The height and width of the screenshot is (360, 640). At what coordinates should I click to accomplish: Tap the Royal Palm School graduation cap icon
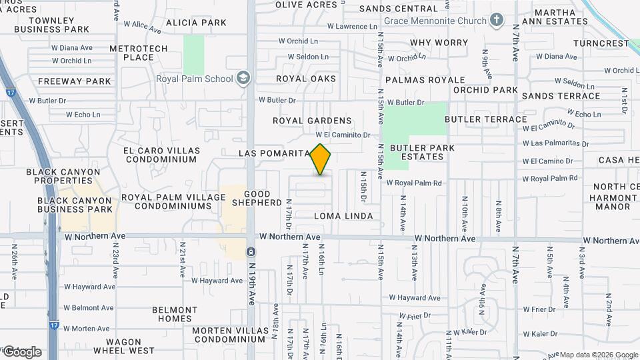coord(243,79)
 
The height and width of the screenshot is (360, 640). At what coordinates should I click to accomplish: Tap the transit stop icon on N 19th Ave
coord(251,251)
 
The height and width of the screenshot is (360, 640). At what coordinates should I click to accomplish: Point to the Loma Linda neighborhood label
coord(343,216)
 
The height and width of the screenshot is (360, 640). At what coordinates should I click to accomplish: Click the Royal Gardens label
coord(312,121)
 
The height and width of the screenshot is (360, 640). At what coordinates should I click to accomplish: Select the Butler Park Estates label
coord(422,152)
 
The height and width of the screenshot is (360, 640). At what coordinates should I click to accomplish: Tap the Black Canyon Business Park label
coord(75,205)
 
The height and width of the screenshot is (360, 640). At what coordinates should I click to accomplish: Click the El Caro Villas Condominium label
coord(160,155)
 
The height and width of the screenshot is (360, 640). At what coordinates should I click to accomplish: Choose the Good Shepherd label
coord(252,198)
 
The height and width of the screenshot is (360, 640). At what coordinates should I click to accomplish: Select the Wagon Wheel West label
coord(124,346)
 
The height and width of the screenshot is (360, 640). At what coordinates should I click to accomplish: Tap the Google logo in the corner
coord(22,352)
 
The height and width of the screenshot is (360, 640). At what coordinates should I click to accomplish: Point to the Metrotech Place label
coord(131,53)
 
